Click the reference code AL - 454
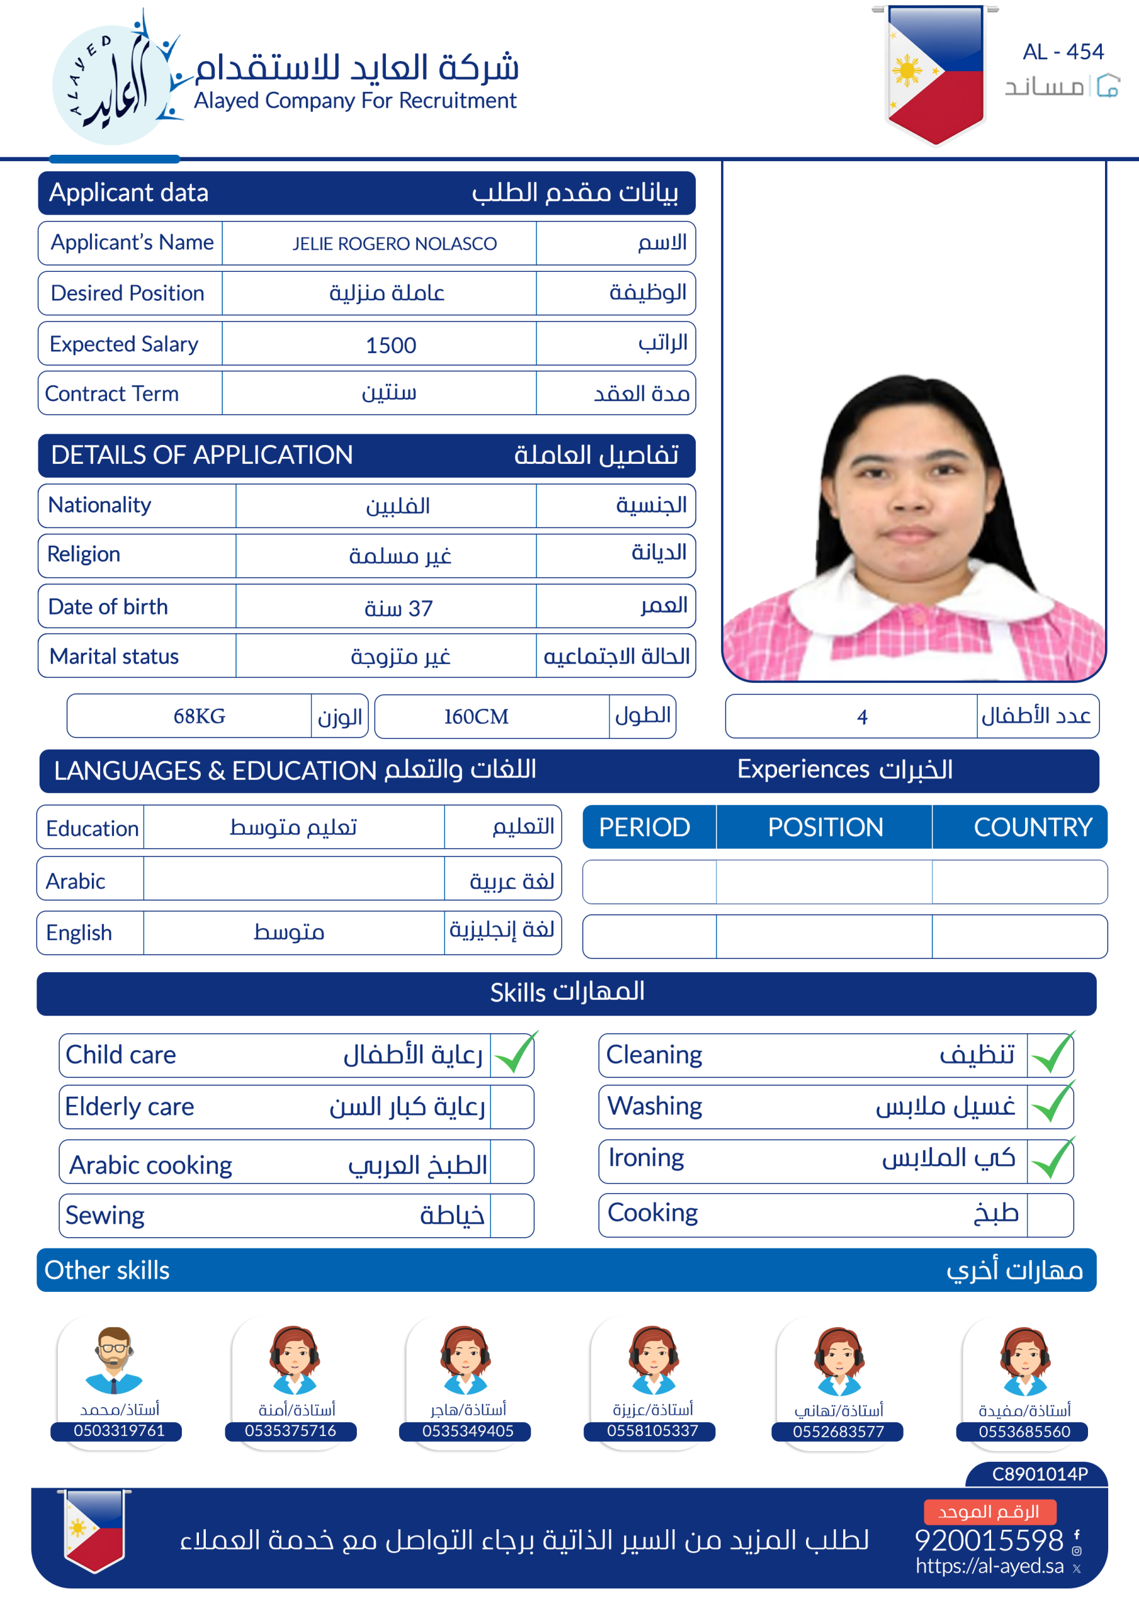pos(1062,52)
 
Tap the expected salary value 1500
pos(391,345)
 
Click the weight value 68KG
pos(199,716)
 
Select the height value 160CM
pos(476,716)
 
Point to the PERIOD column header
pos(644,828)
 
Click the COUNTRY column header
pos(1032,828)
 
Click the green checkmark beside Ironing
pos(1052,1159)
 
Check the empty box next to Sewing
pos(512,1216)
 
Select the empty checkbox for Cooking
pos(1049,1215)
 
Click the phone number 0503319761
pos(118,1430)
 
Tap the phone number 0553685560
pos(1024,1432)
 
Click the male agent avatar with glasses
pos(114,1359)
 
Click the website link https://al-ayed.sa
pos(989,1566)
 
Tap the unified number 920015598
pos(989,1540)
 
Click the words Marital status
pos(115,657)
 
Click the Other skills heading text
pos(108,1271)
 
